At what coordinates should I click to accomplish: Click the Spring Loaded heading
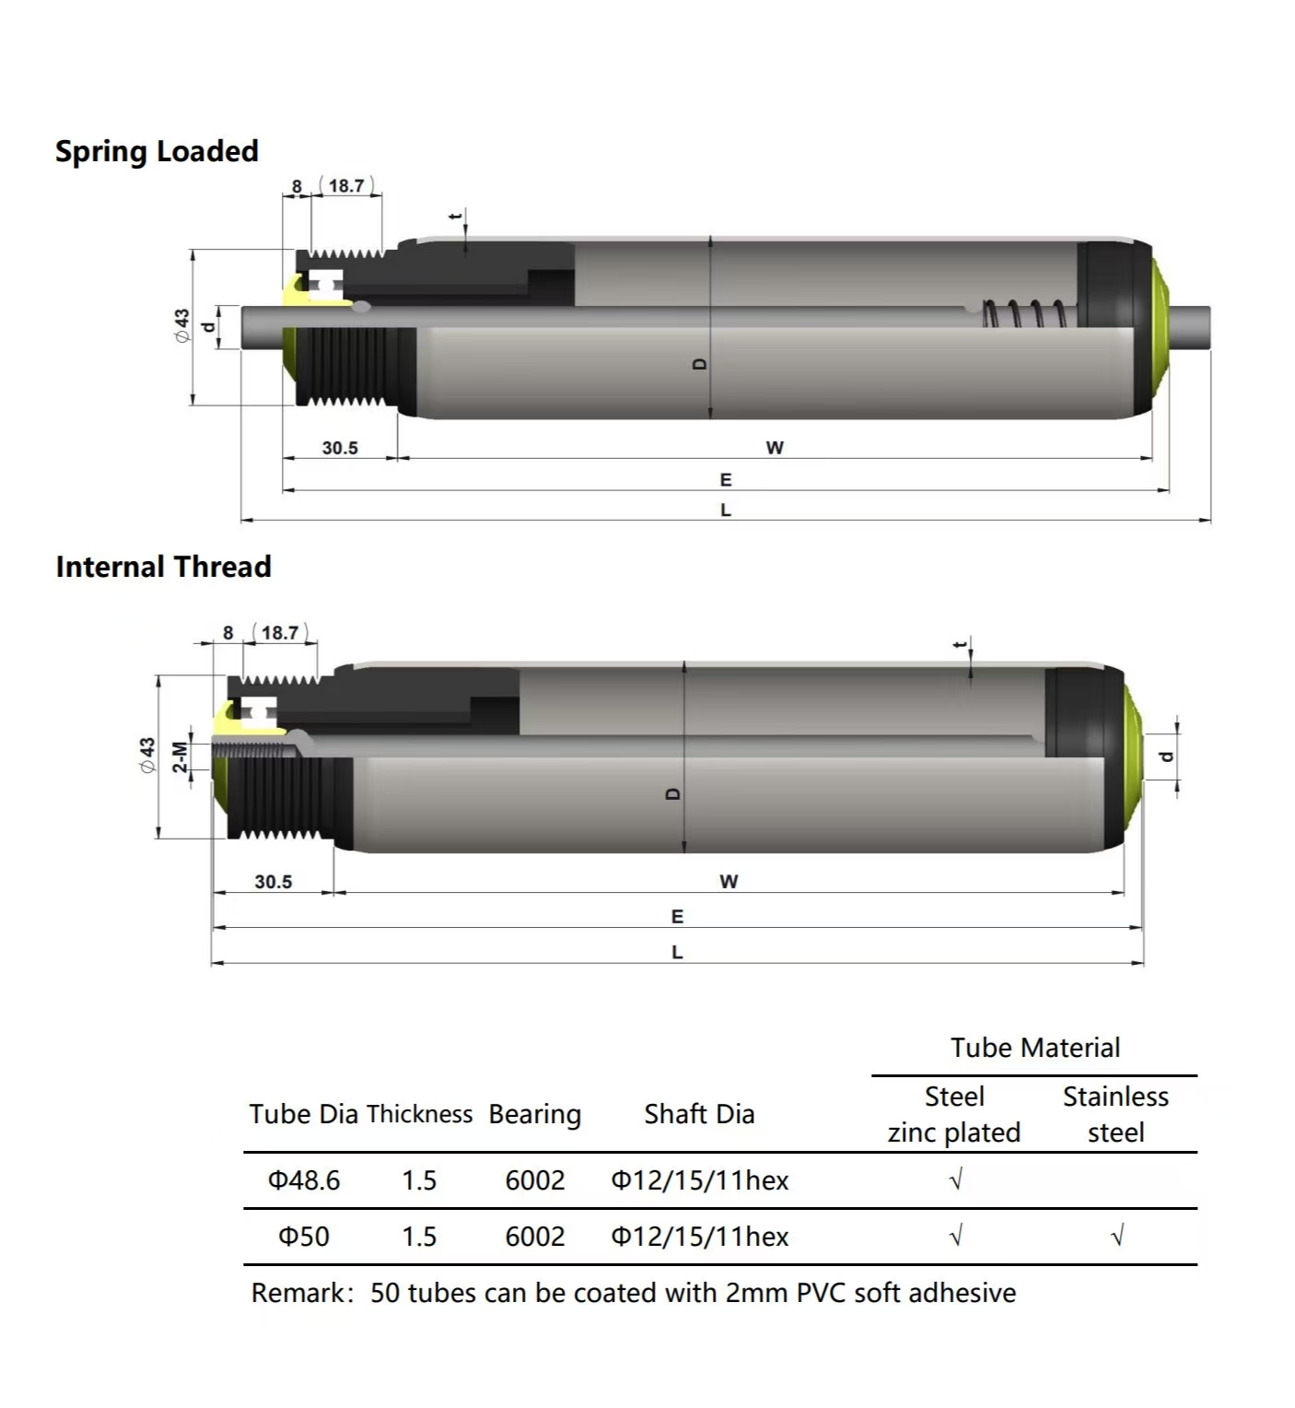coord(157,152)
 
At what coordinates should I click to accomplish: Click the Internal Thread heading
coord(164,567)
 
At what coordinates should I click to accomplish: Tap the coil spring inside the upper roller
coord(1024,313)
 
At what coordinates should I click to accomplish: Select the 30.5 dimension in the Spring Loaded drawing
coord(340,448)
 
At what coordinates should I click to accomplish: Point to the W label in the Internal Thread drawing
coord(729,882)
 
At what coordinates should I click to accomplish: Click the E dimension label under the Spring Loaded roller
coord(726,480)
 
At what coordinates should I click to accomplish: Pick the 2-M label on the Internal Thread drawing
coord(181,757)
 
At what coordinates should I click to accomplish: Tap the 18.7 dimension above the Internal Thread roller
coord(280,633)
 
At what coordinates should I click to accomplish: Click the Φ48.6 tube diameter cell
coord(304,1180)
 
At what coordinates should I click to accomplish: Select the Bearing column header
coord(535,1115)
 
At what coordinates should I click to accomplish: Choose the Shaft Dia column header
coord(699,1114)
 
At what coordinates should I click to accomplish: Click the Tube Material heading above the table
coord(1035,1048)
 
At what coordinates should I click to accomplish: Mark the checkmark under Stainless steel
coord(1117,1236)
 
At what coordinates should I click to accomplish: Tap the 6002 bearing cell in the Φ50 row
coord(535,1237)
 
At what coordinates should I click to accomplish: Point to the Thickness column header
coord(419,1114)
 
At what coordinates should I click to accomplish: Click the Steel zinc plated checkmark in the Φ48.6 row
coord(955,1179)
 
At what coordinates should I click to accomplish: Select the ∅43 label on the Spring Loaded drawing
coord(181,325)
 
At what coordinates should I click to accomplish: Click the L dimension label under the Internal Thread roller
coord(677,953)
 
